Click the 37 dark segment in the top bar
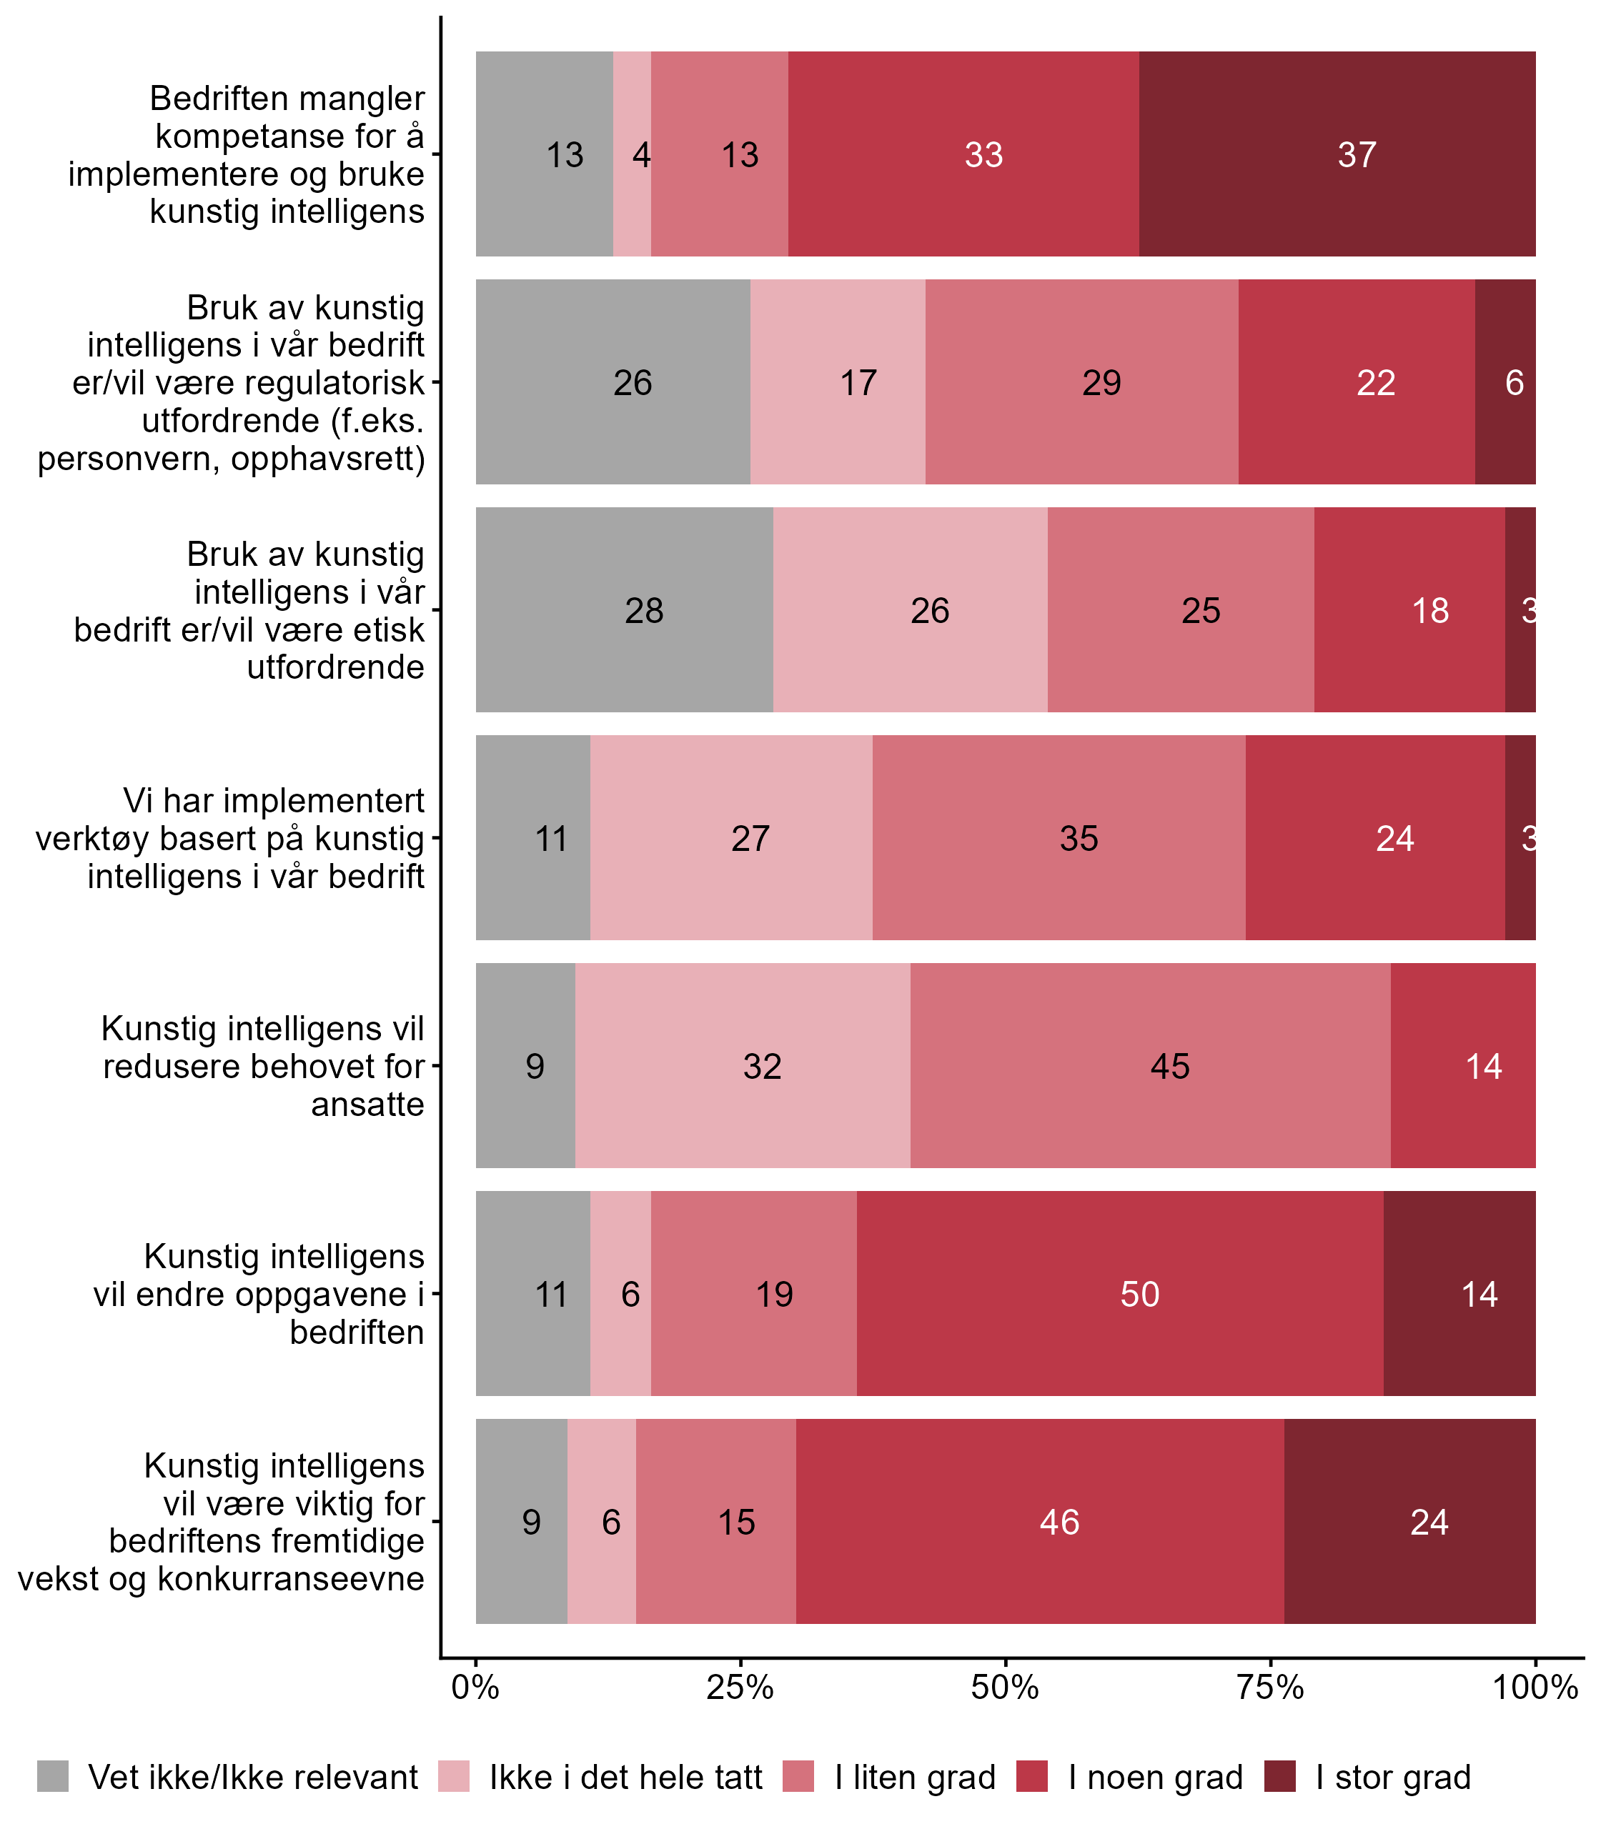1337,154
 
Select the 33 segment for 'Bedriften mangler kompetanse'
963,154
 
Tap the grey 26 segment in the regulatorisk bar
613,382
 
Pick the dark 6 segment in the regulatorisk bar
1505,382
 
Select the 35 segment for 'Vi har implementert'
1059,837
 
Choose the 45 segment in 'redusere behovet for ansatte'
1151,1065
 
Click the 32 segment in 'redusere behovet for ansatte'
743,1065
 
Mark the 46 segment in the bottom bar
1040,1521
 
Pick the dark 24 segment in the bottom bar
1409,1521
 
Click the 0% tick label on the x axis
475,1688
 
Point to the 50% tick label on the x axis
1005,1688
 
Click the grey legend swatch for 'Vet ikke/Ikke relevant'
53,1776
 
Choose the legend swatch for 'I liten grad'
798,1776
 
